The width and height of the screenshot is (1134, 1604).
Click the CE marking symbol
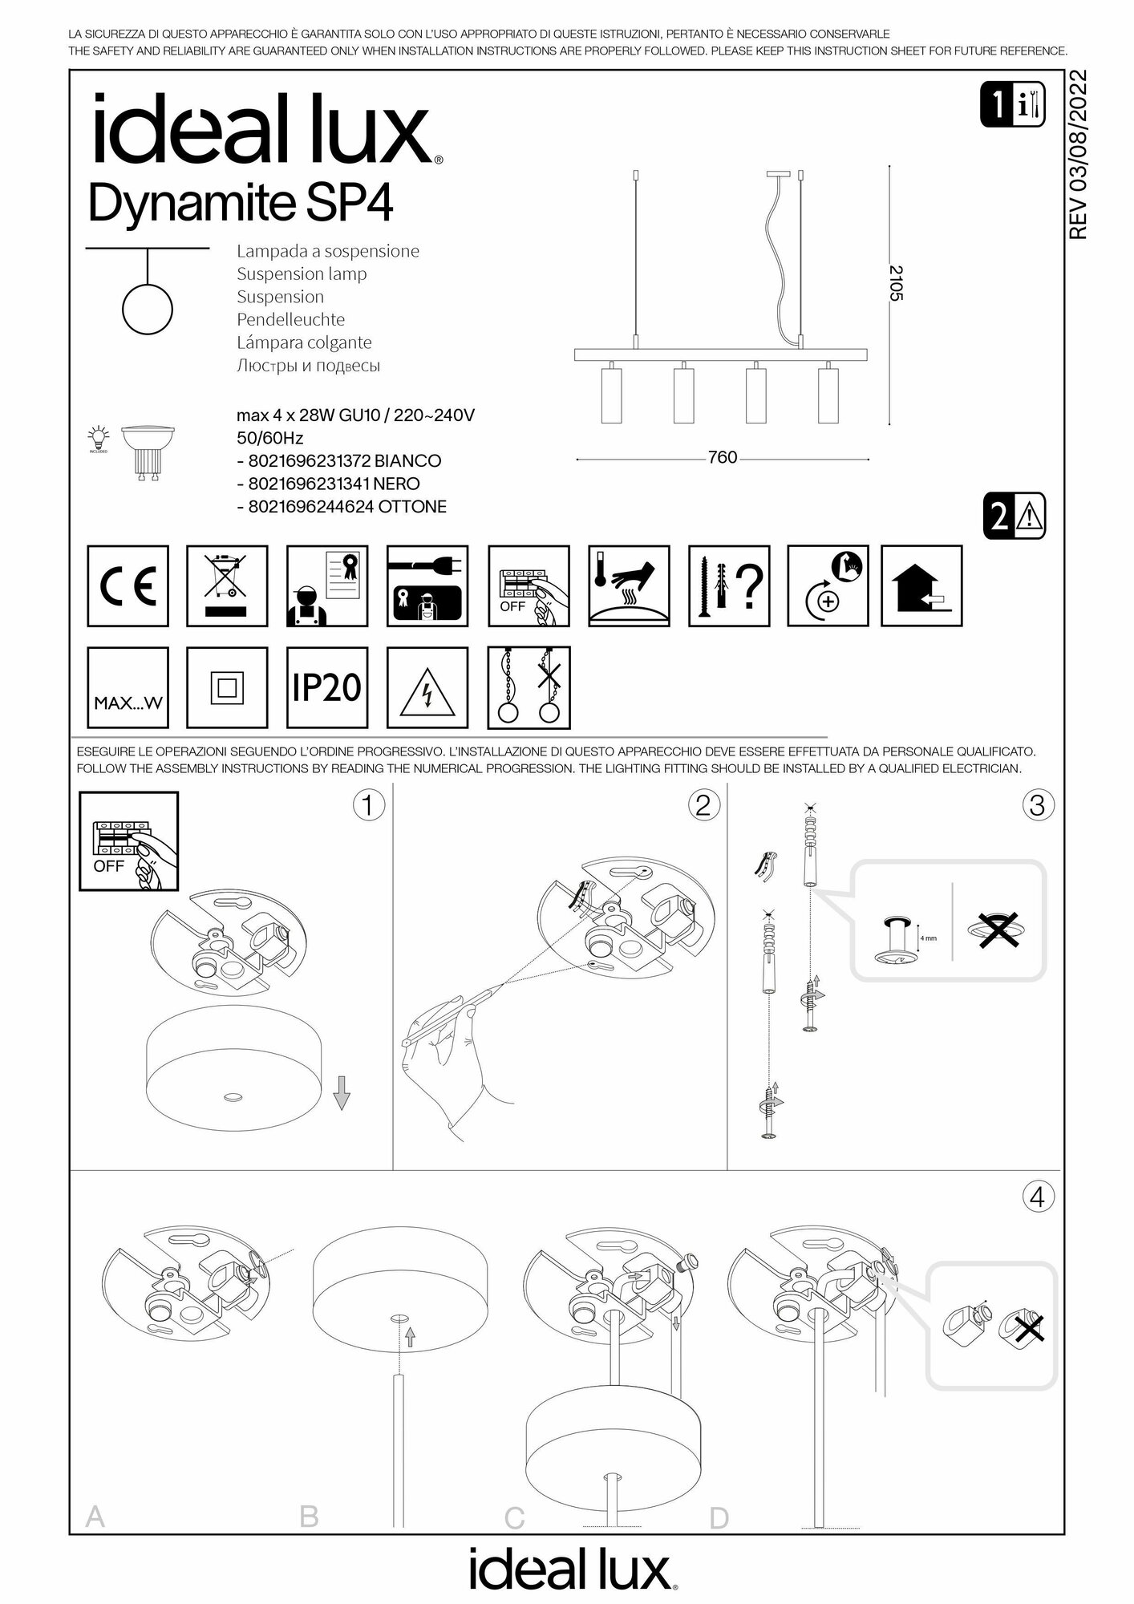point(128,586)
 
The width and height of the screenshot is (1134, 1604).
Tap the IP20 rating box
point(327,687)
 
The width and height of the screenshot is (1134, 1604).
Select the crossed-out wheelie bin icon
point(227,586)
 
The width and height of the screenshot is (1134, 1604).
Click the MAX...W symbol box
point(128,687)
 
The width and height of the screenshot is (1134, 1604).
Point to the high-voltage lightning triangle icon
point(427,687)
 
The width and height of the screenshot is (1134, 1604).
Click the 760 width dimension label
point(723,457)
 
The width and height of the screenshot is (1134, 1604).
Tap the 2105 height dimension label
point(896,283)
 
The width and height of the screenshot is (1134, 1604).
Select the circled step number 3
point(1037,804)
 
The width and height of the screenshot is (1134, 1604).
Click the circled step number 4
point(1037,1197)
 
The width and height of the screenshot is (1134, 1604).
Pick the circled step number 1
point(368,804)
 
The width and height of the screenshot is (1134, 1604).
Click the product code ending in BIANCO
point(344,461)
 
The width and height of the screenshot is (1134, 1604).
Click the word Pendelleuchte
point(290,319)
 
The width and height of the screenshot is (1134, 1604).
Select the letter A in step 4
point(95,1517)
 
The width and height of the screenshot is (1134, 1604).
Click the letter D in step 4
point(719,1517)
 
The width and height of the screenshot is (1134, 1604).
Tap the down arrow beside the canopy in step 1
point(342,1092)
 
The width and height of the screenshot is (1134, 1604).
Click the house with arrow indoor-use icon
point(921,586)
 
